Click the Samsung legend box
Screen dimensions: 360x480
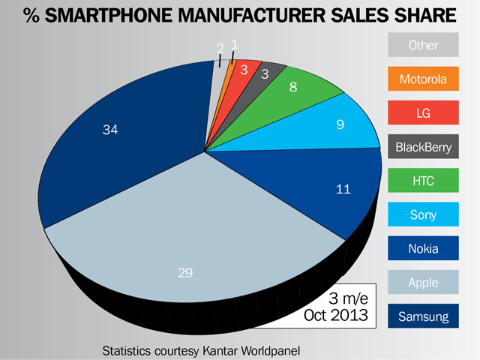coord(424,316)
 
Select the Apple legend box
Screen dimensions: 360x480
coord(424,283)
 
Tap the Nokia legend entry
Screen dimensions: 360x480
coord(424,249)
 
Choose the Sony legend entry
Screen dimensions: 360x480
coord(424,215)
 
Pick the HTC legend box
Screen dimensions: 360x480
coord(424,181)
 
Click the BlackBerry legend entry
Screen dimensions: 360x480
coord(424,147)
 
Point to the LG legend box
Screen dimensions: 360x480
coord(424,113)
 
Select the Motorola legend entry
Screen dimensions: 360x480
coord(424,79)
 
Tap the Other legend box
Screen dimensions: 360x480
coord(424,46)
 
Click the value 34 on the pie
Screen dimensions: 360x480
coord(110,130)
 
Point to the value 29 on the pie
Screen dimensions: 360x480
coord(186,274)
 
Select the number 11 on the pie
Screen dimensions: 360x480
coord(343,190)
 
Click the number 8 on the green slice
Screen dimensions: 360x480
coord(294,87)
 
